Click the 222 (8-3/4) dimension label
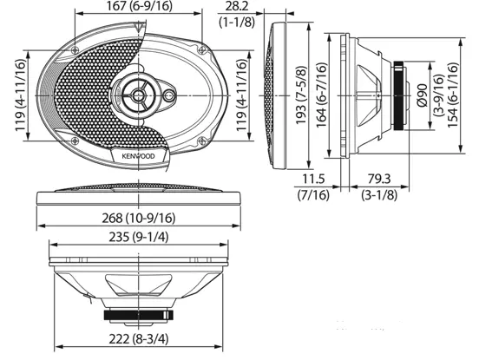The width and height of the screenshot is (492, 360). pyautogui.click(x=139, y=338)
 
